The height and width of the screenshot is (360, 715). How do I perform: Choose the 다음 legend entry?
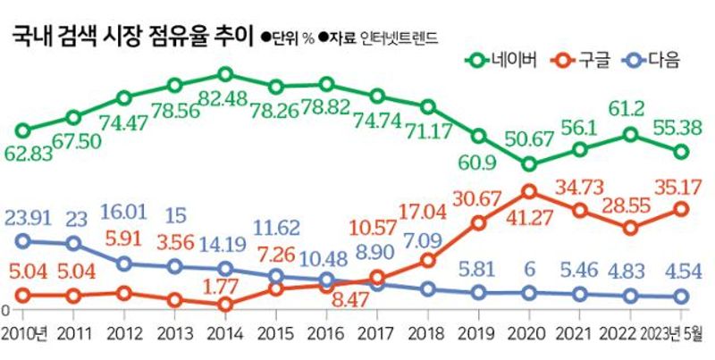coord(651,61)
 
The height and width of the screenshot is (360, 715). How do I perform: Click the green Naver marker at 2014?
coord(226,74)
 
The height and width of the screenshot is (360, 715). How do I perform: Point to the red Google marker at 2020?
coord(529,191)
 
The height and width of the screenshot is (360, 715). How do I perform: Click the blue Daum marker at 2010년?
coord(23,239)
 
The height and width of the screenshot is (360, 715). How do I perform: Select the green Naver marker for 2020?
coord(529,164)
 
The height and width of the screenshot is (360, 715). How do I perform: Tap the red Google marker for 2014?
coord(226,305)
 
